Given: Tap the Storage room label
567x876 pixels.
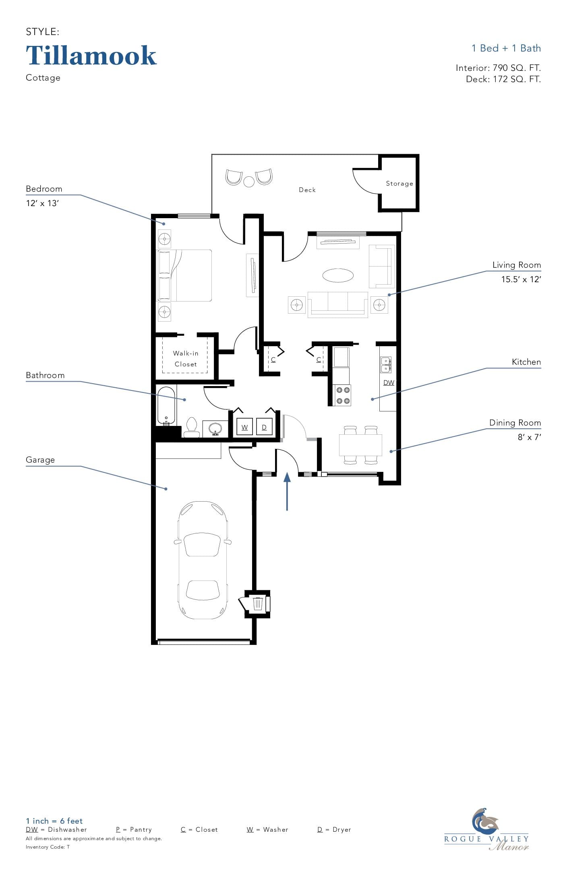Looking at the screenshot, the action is (x=399, y=184).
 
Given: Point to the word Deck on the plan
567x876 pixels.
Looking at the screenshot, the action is (x=307, y=190).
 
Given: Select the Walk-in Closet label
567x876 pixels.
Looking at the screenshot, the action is (x=186, y=359).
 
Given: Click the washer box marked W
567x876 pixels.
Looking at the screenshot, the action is (x=245, y=427).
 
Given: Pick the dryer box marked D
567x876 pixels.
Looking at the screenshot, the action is (x=264, y=427).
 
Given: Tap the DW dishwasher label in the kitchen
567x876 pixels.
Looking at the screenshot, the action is (x=389, y=382).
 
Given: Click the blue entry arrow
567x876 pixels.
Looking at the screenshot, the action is (x=287, y=492).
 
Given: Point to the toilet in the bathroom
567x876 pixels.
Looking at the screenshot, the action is (x=192, y=427).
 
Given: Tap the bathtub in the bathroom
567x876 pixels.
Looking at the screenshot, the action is (x=166, y=405).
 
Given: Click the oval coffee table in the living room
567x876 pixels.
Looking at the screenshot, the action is (x=338, y=276).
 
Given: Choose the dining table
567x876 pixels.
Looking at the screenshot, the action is (x=360, y=445).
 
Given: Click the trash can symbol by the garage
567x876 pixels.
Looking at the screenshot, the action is (x=258, y=603).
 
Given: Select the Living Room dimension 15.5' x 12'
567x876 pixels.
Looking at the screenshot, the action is (x=521, y=279).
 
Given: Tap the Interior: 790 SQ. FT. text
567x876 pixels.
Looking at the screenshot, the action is (x=498, y=68).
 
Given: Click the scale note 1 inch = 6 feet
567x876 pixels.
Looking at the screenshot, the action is (x=54, y=821).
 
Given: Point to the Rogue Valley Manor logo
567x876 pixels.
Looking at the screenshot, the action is (x=486, y=830).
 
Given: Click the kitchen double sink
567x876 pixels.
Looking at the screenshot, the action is (x=386, y=365).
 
